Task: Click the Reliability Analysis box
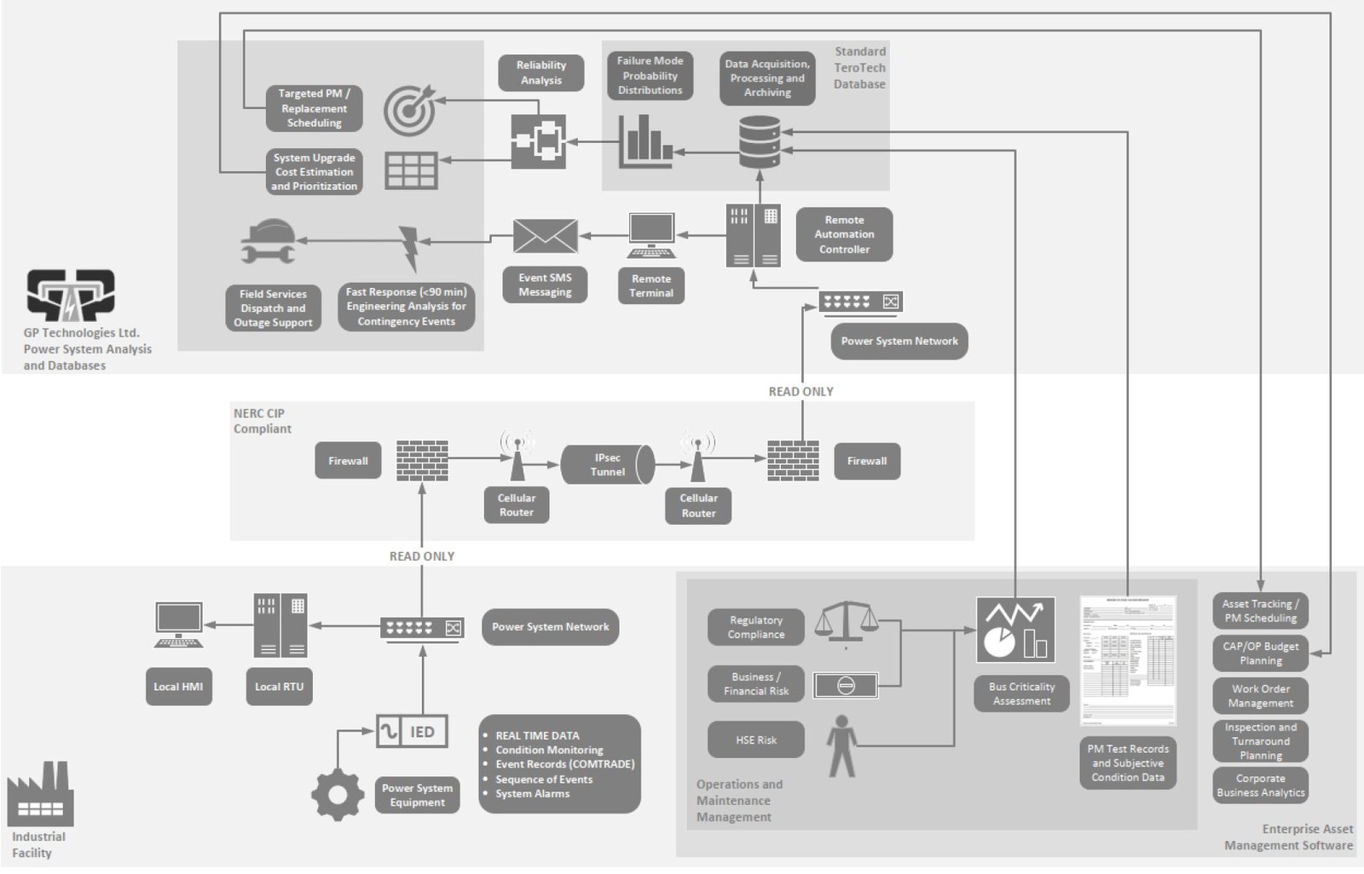tap(540, 72)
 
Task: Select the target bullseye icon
tap(408, 110)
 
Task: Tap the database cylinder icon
tap(759, 142)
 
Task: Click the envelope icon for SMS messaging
tap(545, 236)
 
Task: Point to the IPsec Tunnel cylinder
tap(608, 464)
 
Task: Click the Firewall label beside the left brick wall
tap(348, 461)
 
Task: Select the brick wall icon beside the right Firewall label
tap(793, 461)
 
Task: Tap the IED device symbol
tap(412, 732)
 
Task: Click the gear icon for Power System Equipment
tap(338, 795)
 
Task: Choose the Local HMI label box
tap(178, 687)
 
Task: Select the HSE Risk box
tap(755, 740)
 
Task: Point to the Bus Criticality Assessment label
tap(1021, 693)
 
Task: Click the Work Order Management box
tap(1260, 696)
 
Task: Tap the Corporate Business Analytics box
tap(1260, 785)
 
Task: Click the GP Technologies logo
tap(71, 296)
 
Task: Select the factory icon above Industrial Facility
tap(40, 795)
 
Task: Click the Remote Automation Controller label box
tap(844, 234)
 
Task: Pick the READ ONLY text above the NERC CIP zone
tap(800, 392)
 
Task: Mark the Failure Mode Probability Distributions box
tap(650, 76)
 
